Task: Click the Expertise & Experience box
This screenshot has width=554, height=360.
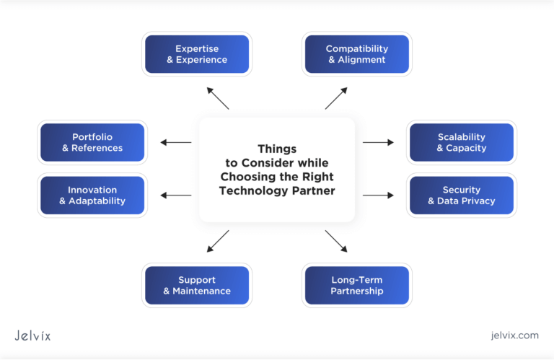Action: pos(197,54)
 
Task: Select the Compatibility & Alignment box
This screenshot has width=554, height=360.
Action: pos(356,54)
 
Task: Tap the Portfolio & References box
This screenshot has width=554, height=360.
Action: pos(92,142)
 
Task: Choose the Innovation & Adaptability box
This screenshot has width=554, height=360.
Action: pos(92,196)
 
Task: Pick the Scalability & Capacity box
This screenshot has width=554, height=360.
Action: pos(462,142)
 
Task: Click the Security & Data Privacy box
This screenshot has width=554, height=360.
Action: pos(462,196)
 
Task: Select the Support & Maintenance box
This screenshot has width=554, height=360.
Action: pos(197,285)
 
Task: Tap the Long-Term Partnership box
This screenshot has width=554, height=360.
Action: pos(356,285)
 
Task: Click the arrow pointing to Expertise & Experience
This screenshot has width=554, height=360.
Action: pos(218,98)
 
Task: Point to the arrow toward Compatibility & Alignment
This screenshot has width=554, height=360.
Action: pos(336,98)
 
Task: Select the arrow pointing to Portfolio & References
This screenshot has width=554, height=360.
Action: pos(175,142)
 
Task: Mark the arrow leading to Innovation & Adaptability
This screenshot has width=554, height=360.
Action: pos(175,195)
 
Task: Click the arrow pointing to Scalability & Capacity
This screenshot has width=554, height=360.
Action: pos(378,142)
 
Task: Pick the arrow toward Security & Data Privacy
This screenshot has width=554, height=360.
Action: pos(378,195)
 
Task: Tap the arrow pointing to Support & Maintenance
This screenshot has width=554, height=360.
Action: pos(218,241)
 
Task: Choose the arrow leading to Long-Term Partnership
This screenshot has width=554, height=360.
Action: pos(336,241)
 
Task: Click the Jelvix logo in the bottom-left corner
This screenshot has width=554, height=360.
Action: pos(32,335)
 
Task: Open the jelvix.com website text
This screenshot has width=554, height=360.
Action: pos(513,335)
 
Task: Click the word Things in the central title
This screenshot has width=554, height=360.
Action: pos(277,149)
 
